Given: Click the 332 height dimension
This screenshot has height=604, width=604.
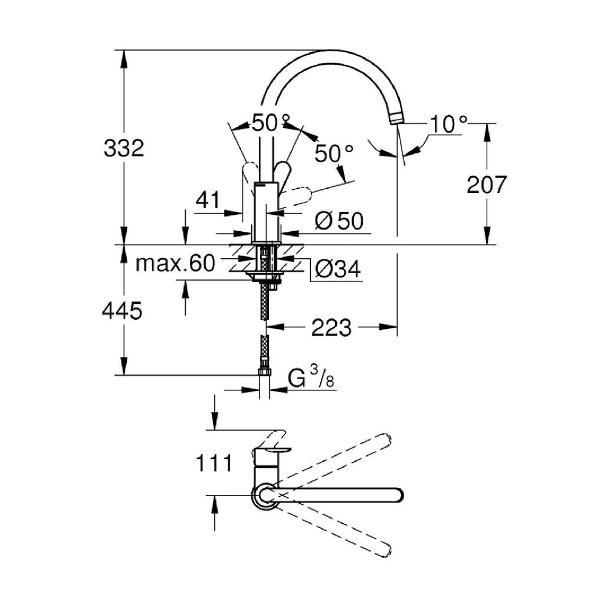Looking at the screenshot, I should point(124,148).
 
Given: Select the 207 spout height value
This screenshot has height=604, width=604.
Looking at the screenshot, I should point(486,185).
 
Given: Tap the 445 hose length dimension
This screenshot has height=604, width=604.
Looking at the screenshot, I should point(122,310).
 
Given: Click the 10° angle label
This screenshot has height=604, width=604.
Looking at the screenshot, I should point(448,124).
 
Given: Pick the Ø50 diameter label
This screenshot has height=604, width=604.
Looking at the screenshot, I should point(339,221).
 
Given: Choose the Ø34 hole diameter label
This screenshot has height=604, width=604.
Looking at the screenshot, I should point(337,269).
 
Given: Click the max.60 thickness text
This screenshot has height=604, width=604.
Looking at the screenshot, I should point(175,264).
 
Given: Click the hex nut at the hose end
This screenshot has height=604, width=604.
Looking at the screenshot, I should point(264,373).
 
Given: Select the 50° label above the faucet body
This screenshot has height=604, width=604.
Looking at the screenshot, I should point(271,123).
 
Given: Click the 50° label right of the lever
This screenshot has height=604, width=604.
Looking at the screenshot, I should point(333,153).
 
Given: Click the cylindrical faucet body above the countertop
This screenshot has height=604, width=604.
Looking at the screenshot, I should point(265,212).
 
